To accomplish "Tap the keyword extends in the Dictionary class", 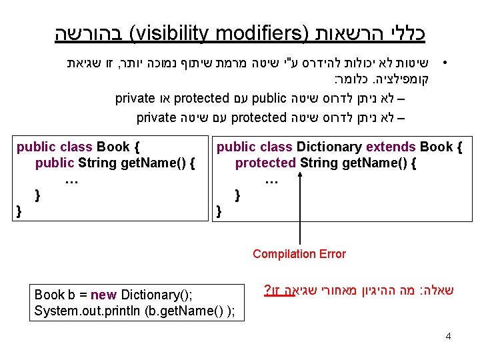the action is click(395, 147).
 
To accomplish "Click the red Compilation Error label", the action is click(299, 254).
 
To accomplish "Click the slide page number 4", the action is click(448, 336).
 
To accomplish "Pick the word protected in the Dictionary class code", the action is click(265, 163).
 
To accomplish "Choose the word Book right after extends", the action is click(436, 147).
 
